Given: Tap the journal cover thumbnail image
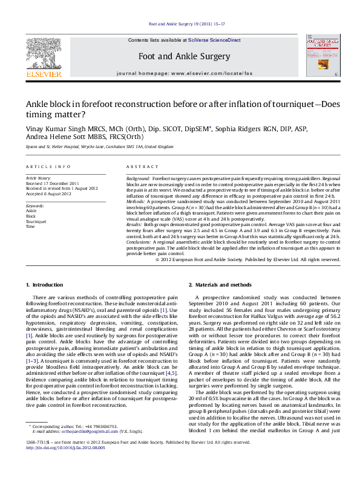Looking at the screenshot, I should click(321, 56).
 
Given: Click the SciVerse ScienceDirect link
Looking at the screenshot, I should click(214, 40).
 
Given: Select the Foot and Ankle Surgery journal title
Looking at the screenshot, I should click(185, 56).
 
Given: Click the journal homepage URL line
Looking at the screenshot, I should click(185, 73).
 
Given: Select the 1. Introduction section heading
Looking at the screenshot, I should click(46, 284).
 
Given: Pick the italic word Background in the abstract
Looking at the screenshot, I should click(138, 180).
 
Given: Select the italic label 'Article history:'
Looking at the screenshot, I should click(38, 179).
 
